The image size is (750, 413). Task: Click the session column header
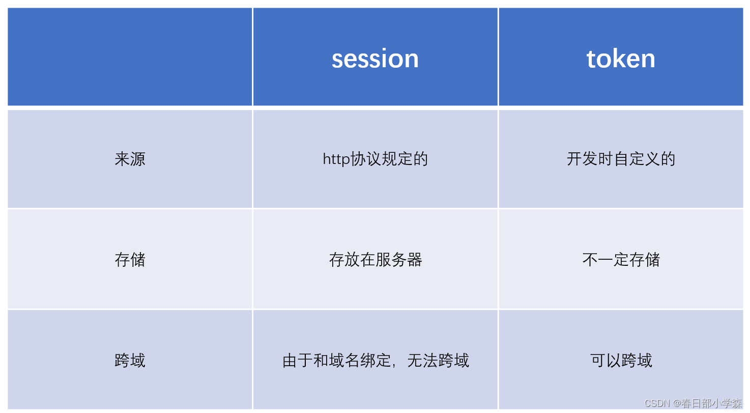click(375, 59)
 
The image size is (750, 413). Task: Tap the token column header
click(621, 59)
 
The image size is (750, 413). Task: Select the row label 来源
click(130, 159)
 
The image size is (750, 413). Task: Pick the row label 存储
click(130, 260)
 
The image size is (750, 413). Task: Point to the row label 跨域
click(130, 361)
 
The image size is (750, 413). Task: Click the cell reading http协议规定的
click(375, 159)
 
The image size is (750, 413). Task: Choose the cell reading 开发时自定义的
click(621, 159)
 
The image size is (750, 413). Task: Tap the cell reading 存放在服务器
click(375, 260)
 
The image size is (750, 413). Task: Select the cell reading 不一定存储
click(621, 260)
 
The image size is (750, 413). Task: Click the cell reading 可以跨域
click(621, 361)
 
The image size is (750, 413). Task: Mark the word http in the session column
click(336, 159)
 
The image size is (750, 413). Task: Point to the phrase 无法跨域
click(438, 361)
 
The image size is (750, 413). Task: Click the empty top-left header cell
click(130, 57)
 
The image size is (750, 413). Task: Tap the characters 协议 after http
click(366, 159)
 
